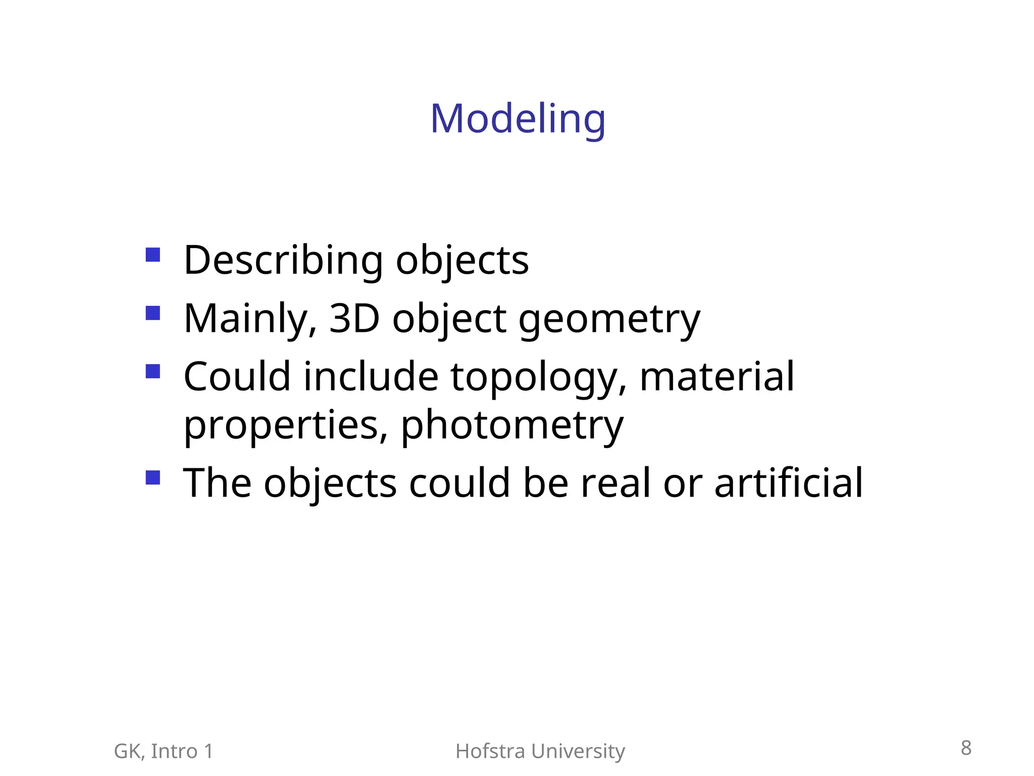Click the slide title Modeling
(x=518, y=119)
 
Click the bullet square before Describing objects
(x=152, y=254)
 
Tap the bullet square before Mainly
(x=152, y=313)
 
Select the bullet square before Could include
(x=152, y=371)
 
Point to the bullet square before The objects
(x=152, y=477)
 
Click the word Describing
(x=283, y=261)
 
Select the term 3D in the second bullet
(x=354, y=319)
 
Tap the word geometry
(x=609, y=320)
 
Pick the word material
(x=717, y=377)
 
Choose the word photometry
(x=512, y=425)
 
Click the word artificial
(x=789, y=483)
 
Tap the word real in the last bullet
(x=615, y=483)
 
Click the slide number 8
(x=966, y=748)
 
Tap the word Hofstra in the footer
(x=490, y=751)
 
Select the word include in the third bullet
(x=371, y=377)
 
